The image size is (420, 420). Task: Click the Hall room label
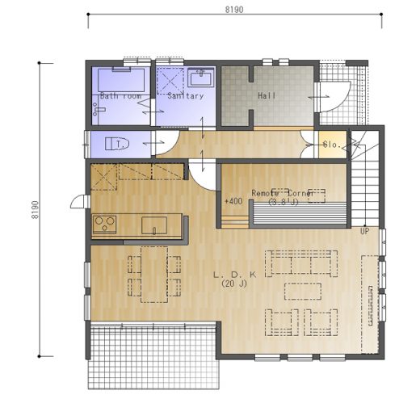pyautogui.click(x=267, y=95)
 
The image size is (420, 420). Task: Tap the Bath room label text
pyautogui.click(x=120, y=96)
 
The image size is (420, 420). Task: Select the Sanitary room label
pyautogui.click(x=186, y=96)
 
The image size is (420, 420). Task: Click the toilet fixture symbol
pyautogui.click(x=117, y=144)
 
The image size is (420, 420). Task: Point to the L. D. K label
pyautogui.click(x=235, y=275)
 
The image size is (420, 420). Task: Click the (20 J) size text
pyautogui.click(x=234, y=283)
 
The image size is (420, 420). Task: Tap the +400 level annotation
pyautogui.click(x=233, y=201)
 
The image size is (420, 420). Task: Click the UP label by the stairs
pyautogui.click(x=364, y=231)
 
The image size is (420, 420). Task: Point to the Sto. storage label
pyautogui.click(x=332, y=145)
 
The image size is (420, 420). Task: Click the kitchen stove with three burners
pyautogui.click(x=105, y=225)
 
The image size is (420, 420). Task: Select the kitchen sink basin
pyautogui.click(x=154, y=225)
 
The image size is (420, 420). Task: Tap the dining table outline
pyautogui.click(x=154, y=275)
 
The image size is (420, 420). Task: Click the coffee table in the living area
pyautogui.click(x=303, y=292)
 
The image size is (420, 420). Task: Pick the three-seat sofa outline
pyautogui.click(x=301, y=263)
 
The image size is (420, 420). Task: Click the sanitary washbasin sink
pyautogui.click(x=201, y=78)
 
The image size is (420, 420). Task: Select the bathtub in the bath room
pyautogui.click(x=121, y=80)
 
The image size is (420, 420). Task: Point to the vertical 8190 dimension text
pyautogui.click(x=36, y=210)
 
